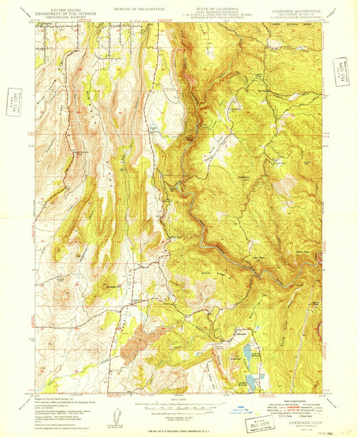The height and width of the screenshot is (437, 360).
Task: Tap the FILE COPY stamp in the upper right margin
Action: pos(341,71)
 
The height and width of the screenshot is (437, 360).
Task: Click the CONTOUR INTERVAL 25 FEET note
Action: pos(178,414)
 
